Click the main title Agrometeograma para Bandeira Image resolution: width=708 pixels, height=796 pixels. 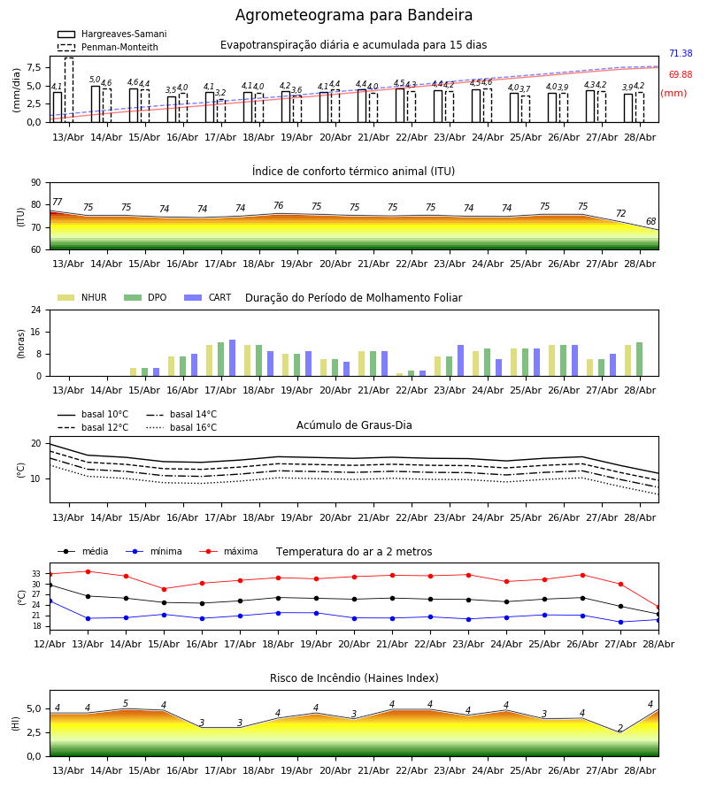353,15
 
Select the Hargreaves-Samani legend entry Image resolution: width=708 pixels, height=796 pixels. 112,34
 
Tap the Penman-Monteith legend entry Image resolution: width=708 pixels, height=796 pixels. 108,47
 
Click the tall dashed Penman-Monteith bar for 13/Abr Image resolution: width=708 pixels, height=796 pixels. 69,90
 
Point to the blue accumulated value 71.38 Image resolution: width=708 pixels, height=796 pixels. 681,53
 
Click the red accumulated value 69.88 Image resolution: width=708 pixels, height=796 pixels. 681,74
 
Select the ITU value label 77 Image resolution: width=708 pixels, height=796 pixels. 58,202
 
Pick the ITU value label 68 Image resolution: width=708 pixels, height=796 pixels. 650,221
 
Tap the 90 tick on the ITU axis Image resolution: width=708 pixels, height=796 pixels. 36,183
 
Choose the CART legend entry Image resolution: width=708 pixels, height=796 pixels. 207,297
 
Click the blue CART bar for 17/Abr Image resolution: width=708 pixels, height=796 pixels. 233,358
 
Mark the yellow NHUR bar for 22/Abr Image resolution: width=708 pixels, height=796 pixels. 400,375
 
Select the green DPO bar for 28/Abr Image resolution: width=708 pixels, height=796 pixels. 640,359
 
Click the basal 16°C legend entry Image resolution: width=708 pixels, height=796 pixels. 181,427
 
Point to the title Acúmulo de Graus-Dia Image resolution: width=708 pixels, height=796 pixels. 354,425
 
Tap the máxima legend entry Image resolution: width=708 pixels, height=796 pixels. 228,551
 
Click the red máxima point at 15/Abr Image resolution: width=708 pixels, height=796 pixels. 164,589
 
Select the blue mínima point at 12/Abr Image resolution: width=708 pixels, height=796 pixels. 50,601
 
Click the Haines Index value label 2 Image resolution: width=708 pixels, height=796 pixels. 620,728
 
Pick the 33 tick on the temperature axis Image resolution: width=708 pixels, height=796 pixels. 36,574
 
